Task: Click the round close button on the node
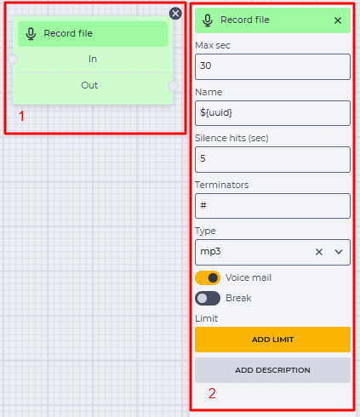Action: [x=175, y=14]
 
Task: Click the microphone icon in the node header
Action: [x=31, y=34]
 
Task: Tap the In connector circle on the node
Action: [x=13, y=60]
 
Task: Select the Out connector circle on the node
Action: [x=173, y=85]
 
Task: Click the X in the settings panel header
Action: [x=338, y=20]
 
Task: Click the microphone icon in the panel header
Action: [x=208, y=20]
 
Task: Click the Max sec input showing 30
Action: [x=272, y=66]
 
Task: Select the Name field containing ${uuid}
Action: [x=272, y=113]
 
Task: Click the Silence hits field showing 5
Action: [x=272, y=159]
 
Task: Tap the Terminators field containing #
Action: [x=272, y=206]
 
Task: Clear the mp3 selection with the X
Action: [x=319, y=252]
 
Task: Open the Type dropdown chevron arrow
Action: [x=339, y=252]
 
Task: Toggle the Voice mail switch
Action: [x=208, y=277]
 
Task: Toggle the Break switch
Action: [x=208, y=298]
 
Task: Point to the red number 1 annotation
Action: [x=21, y=117]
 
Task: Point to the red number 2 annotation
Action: [x=212, y=393]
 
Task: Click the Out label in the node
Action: [x=89, y=85]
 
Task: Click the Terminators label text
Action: [x=222, y=185]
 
